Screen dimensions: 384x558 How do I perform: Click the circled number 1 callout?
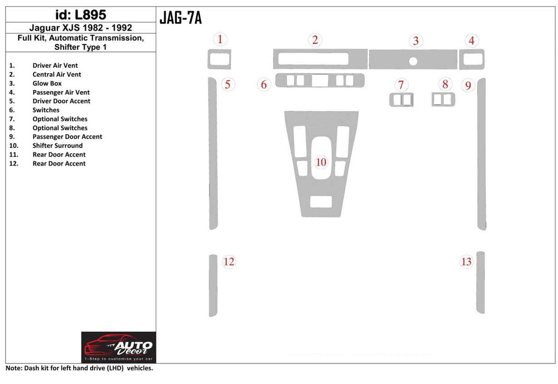(x=220, y=40)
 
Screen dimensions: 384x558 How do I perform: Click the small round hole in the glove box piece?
(x=413, y=61)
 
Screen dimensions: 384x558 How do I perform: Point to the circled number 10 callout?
(x=321, y=162)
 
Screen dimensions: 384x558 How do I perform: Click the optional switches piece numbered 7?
(x=401, y=99)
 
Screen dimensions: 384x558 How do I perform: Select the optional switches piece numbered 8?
(x=443, y=99)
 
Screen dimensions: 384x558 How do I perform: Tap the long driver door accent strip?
(x=213, y=154)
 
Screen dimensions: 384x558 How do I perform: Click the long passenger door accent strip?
(x=481, y=154)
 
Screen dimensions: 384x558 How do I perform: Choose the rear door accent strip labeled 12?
(x=213, y=285)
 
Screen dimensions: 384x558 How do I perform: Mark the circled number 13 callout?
(x=466, y=262)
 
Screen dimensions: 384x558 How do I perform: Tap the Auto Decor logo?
(x=119, y=347)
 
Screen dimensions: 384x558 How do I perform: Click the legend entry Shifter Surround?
(x=57, y=146)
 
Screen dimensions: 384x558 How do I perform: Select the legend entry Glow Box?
(x=47, y=83)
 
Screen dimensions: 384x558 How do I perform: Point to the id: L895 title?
(x=80, y=15)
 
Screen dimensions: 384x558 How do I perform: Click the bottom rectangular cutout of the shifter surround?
(x=321, y=202)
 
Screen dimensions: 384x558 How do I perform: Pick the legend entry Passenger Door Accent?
(x=67, y=136)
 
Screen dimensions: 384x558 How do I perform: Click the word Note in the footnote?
(x=13, y=369)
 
